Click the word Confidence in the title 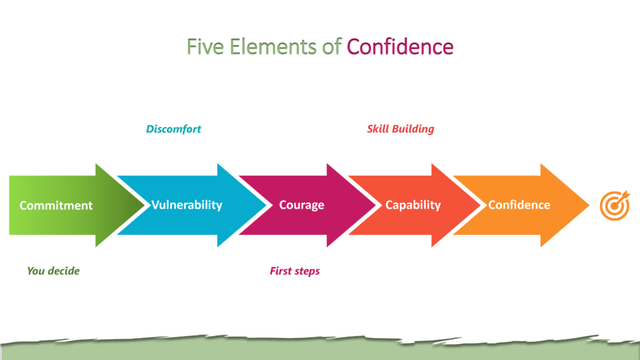click(400, 47)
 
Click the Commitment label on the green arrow click(56, 205)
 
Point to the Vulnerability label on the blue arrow click(187, 204)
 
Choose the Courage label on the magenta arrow click(302, 205)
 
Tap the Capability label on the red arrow click(413, 205)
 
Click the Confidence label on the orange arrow click(519, 205)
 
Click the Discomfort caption click(174, 129)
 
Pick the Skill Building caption click(401, 129)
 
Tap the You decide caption click(53, 271)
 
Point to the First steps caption click(295, 271)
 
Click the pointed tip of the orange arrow click(587, 205)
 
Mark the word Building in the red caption click(413, 129)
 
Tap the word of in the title click(332, 47)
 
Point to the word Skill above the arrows click(377, 129)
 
